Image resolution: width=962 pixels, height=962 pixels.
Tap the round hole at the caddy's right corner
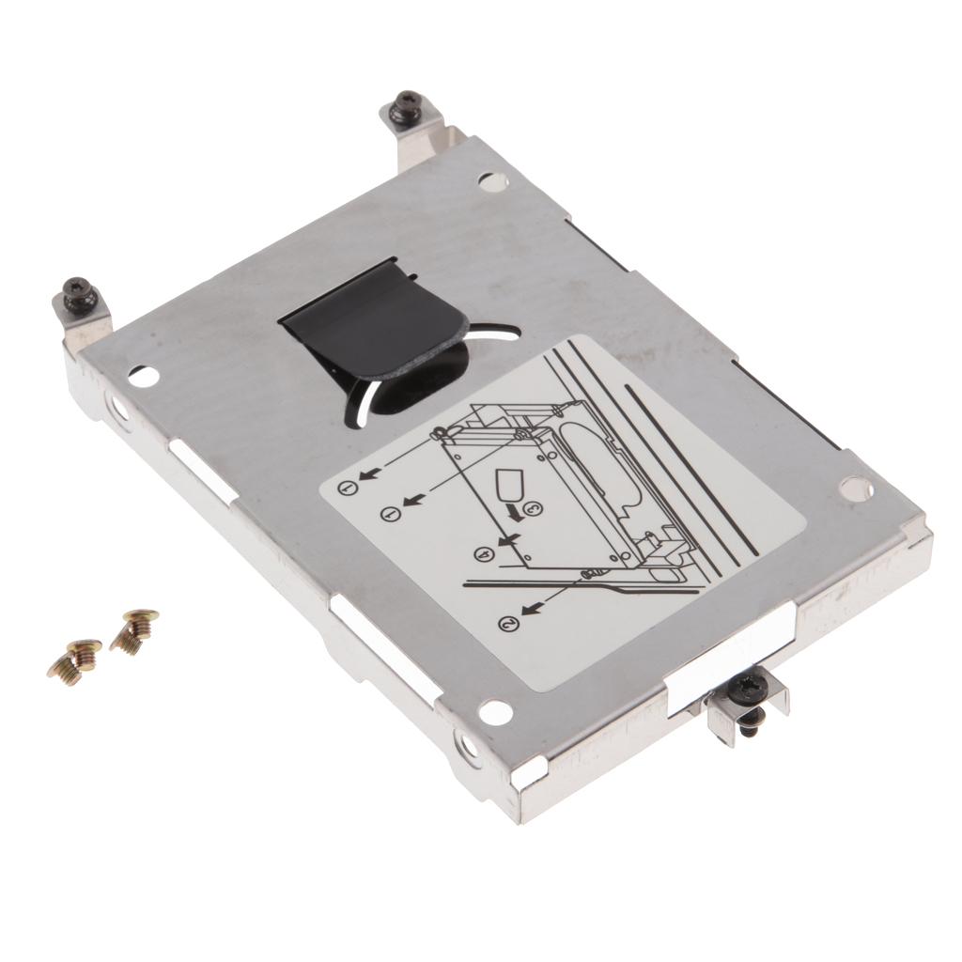point(856,487)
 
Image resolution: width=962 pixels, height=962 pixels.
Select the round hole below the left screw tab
point(141,376)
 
